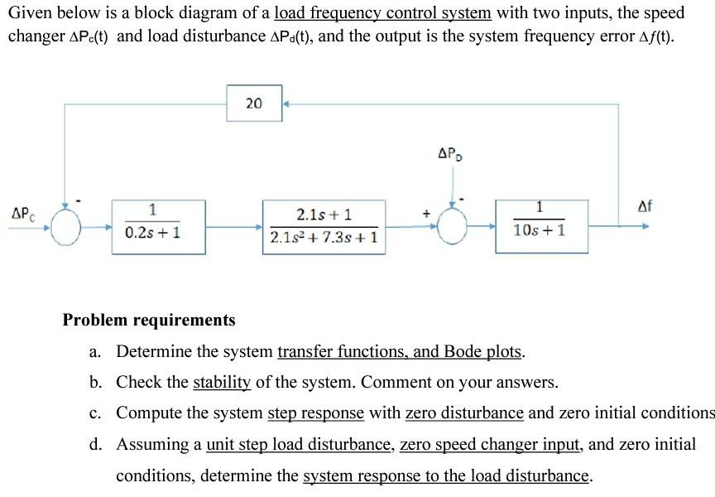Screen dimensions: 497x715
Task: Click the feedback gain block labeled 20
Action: tap(253, 104)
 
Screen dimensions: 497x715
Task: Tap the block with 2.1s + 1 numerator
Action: tap(324, 225)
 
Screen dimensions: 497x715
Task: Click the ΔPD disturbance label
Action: tap(449, 153)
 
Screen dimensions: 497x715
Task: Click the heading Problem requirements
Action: tap(149, 320)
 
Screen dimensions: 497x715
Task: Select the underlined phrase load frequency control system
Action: tap(382, 13)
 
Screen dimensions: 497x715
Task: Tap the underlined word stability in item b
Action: tap(221, 382)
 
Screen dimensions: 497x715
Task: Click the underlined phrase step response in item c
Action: tap(316, 413)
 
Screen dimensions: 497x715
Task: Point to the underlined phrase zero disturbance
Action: tap(464, 413)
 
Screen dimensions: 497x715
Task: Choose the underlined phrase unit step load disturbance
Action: tap(299, 444)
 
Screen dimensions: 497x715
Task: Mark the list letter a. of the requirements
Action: tap(95, 352)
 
